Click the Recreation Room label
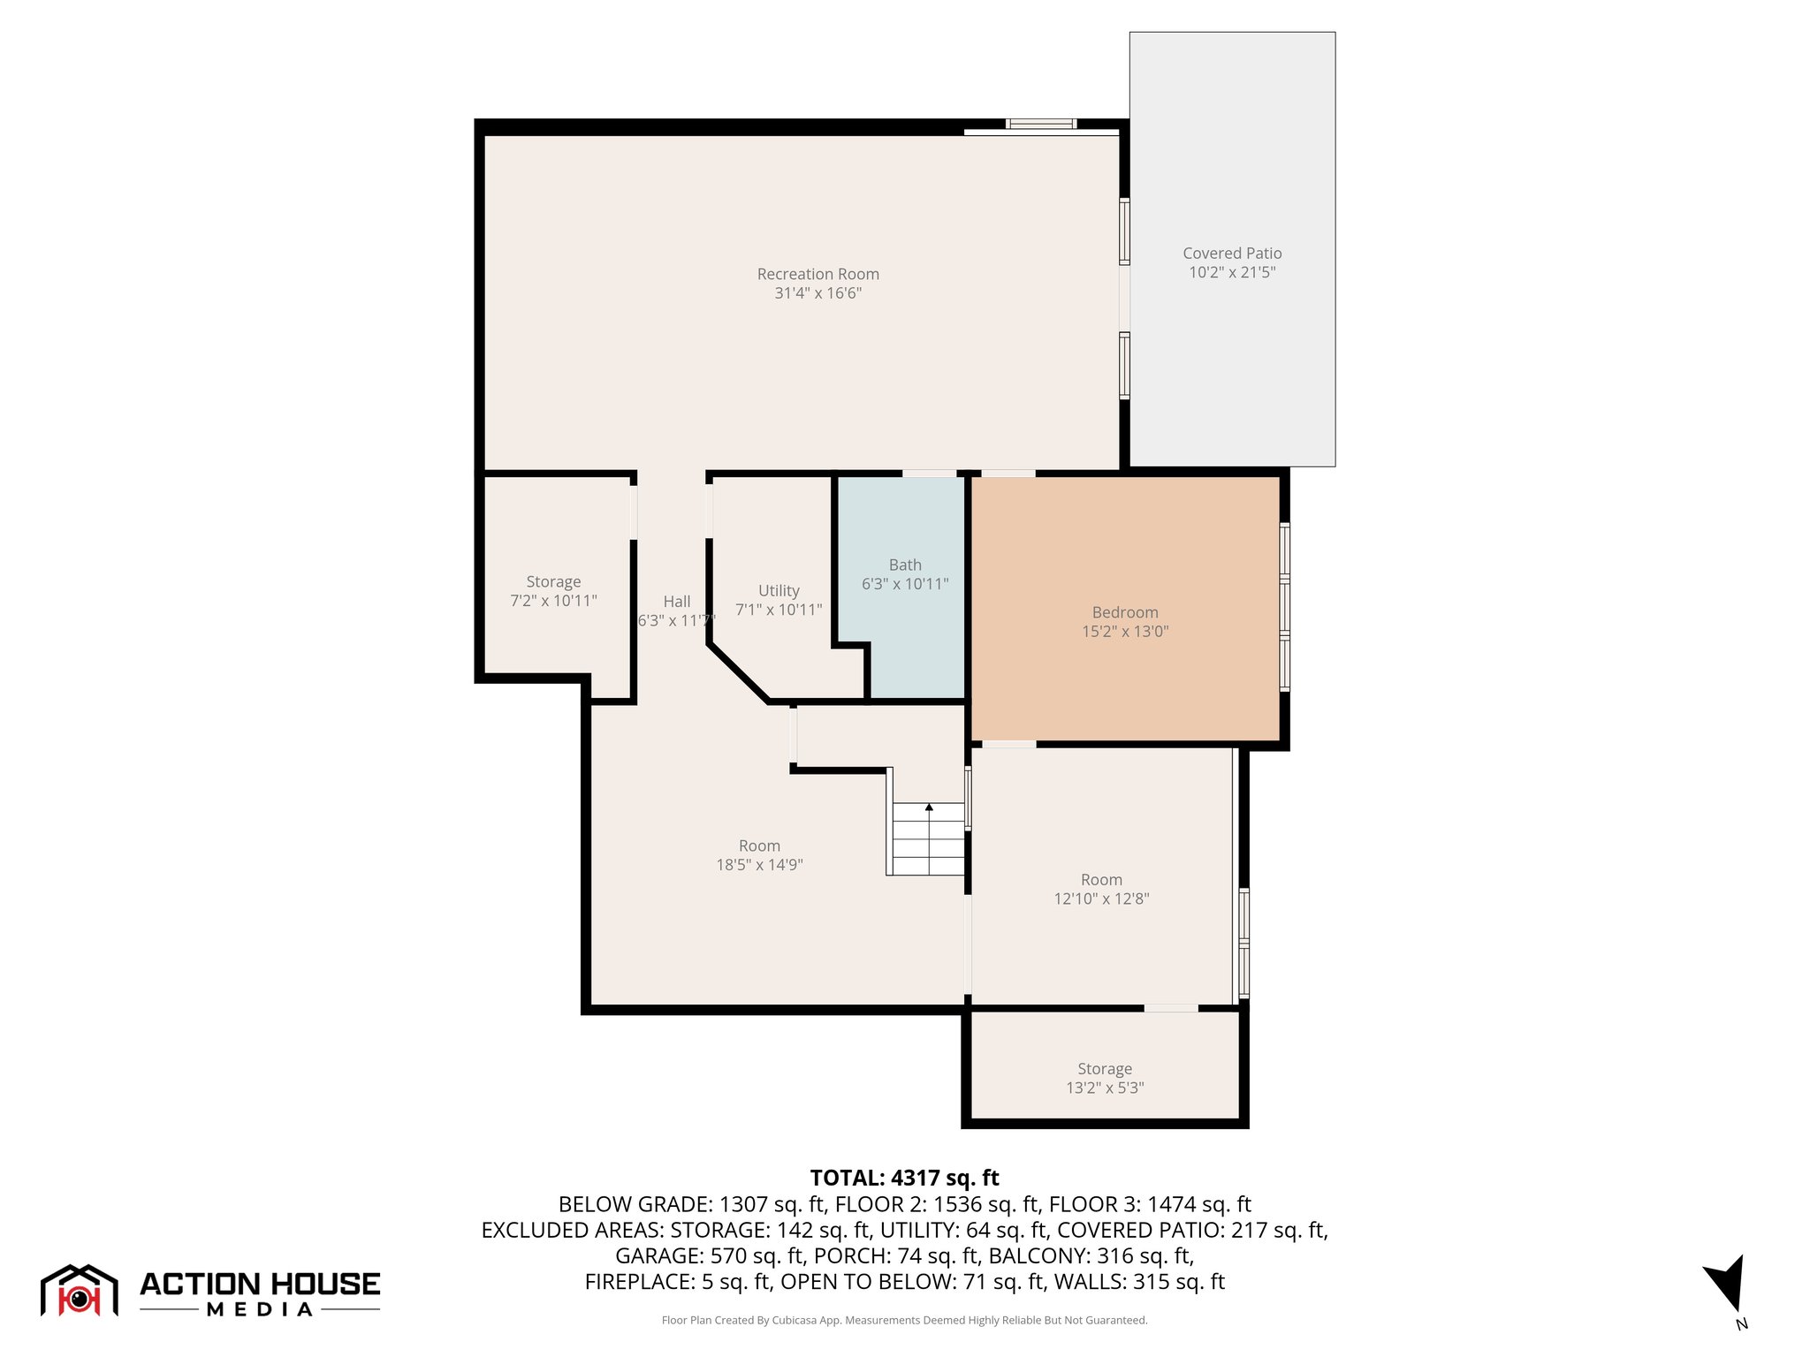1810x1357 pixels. point(818,275)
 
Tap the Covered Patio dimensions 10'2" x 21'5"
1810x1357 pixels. point(1232,272)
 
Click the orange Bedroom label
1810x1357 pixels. point(1124,612)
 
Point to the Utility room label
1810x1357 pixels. point(779,591)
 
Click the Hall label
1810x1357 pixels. point(677,602)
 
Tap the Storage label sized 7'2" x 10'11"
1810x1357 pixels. point(553,582)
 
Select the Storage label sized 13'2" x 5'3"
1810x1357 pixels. point(1104,1069)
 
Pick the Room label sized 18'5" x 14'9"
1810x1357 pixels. point(759,846)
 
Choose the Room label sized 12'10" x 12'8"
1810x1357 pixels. point(1101,880)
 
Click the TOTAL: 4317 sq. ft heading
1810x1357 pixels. point(904,1178)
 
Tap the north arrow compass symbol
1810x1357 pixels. point(1726,1286)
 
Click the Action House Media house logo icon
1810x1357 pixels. point(79,1291)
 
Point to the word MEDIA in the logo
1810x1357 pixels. point(260,1309)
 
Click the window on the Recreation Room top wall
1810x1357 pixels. point(1041,124)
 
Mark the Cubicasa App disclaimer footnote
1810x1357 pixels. point(904,1320)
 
